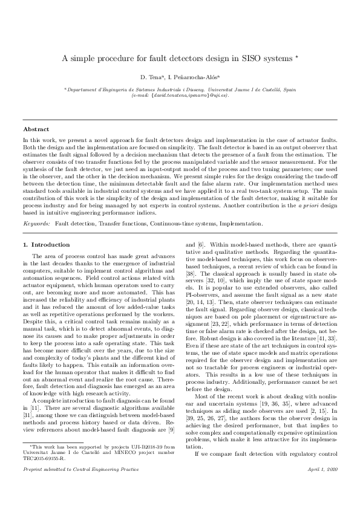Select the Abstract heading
(x=36, y=129)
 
